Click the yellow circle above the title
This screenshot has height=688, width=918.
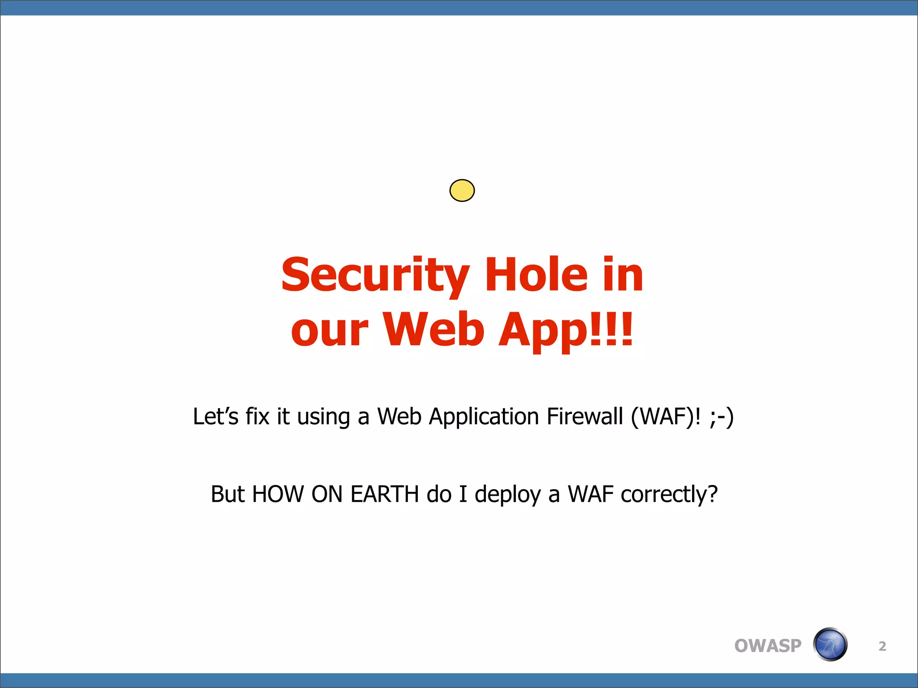[462, 190]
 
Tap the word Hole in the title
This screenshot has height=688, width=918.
[536, 274]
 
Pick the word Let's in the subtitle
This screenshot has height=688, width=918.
[216, 417]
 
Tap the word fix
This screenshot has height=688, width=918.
[257, 417]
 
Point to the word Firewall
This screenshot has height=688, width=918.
[585, 417]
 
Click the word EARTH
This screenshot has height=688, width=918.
[385, 494]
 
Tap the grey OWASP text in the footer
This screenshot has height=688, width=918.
[767, 646]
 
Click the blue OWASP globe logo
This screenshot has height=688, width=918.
[830, 645]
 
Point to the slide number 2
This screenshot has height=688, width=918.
[882, 646]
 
